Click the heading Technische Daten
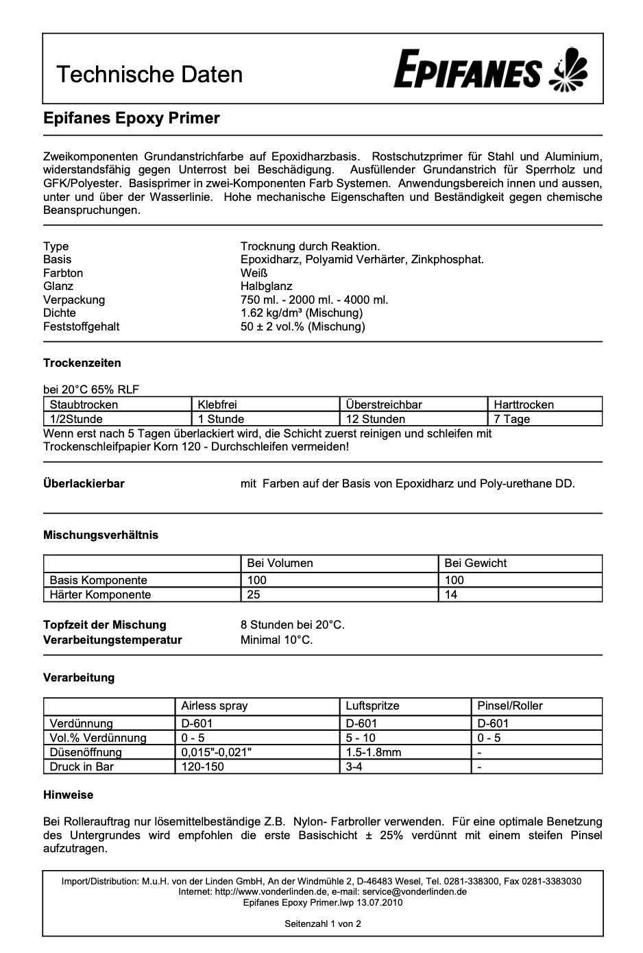coord(149,74)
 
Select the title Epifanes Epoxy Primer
coord(132,118)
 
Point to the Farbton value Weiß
coord(254,273)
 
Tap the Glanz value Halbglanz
coord(266,286)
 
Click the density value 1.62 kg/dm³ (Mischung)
coord(302,313)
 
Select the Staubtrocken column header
coord(84,405)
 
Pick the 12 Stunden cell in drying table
coord(376,419)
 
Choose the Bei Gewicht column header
coord(475,563)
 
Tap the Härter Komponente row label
coord(100,594)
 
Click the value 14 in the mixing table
coord(450,594)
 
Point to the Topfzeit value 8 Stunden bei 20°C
coord(293,625)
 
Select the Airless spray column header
coord(215,705)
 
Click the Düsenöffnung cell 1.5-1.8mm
coord(374,752)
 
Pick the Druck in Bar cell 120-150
coord(202,767)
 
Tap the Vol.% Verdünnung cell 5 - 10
coord(361,738)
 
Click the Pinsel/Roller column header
coord(510,705)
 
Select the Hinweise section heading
coord(68,795)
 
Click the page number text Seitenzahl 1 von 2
coord(323,924)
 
